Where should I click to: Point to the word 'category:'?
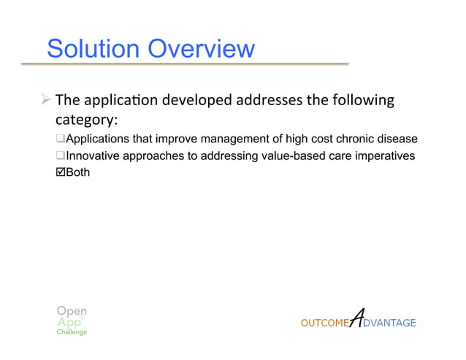(x=87, y=119)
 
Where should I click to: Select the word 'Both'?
(x=78, y=173)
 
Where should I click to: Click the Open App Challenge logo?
(x=72, y=320)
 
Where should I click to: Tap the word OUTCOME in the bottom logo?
(x=325, y=323)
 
